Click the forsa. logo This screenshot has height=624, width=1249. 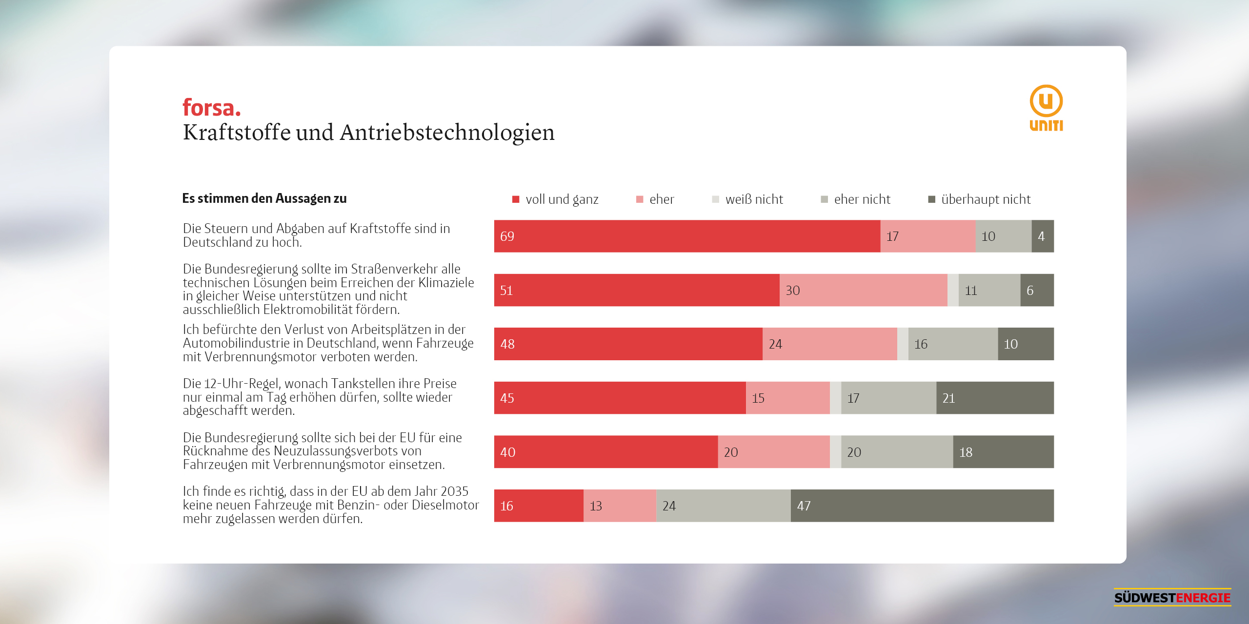pos(212,108)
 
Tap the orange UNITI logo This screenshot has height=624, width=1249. pos(1046,108)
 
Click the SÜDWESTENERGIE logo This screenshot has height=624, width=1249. pos(1172,597)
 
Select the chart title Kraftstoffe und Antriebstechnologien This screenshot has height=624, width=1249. pos(369,132)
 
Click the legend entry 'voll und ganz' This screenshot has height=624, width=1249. pos(555,199)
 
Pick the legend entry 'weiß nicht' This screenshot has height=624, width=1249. pos(747,199)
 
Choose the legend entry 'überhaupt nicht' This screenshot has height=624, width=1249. pos(979,199)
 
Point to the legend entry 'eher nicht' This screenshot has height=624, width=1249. pos(856,199)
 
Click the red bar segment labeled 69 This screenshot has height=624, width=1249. pos(687,236)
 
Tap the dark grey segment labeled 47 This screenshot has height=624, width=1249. pos(922,506)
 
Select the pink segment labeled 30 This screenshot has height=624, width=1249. pos(863,290)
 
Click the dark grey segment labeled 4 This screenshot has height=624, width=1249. pos(1043,236)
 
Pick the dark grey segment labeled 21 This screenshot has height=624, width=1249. pos(995,398)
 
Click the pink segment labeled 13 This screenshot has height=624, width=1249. pos(620,506)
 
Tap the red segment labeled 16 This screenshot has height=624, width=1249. pos(539,506)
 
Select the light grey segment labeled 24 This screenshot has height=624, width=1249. pos(724,506)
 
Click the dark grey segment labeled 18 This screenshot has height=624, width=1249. pos(1003,452)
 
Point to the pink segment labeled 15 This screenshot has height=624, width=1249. pos(787,398)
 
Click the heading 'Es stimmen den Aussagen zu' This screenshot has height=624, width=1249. pos(264,198)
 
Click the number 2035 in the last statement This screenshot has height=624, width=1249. pos(454,491)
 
